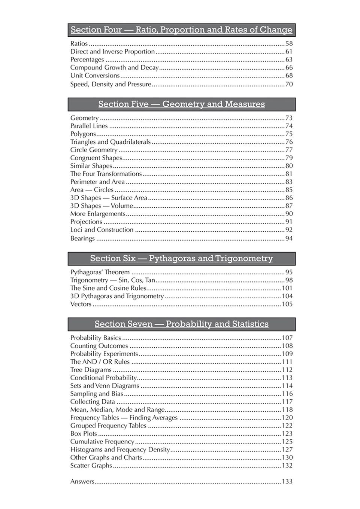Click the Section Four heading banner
[181, 30]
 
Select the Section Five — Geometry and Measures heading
[181, 104]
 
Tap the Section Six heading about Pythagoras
[181, 258]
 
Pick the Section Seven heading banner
[181, 324]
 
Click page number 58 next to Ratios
[289, 44]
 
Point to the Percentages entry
[87, 60]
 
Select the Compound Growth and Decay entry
[114, 68]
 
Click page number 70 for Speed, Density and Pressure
[289, 84]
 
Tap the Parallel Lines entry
[89, 126]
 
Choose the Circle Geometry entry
[94, 150]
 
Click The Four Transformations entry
[106, 174]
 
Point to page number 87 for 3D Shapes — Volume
[289, 206]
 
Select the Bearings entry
[82, 238]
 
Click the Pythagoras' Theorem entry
[100, 272]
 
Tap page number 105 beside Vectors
[287, 304]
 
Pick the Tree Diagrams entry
[91, 370]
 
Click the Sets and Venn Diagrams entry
[105, 386]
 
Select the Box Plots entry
[84, 433]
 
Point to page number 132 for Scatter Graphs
[287, 466]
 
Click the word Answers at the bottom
[82, 482]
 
